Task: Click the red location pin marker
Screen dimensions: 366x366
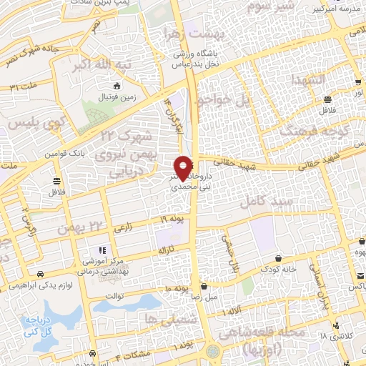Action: tap(184, 167)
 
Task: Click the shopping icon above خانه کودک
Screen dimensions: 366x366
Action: tap(278, 258)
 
